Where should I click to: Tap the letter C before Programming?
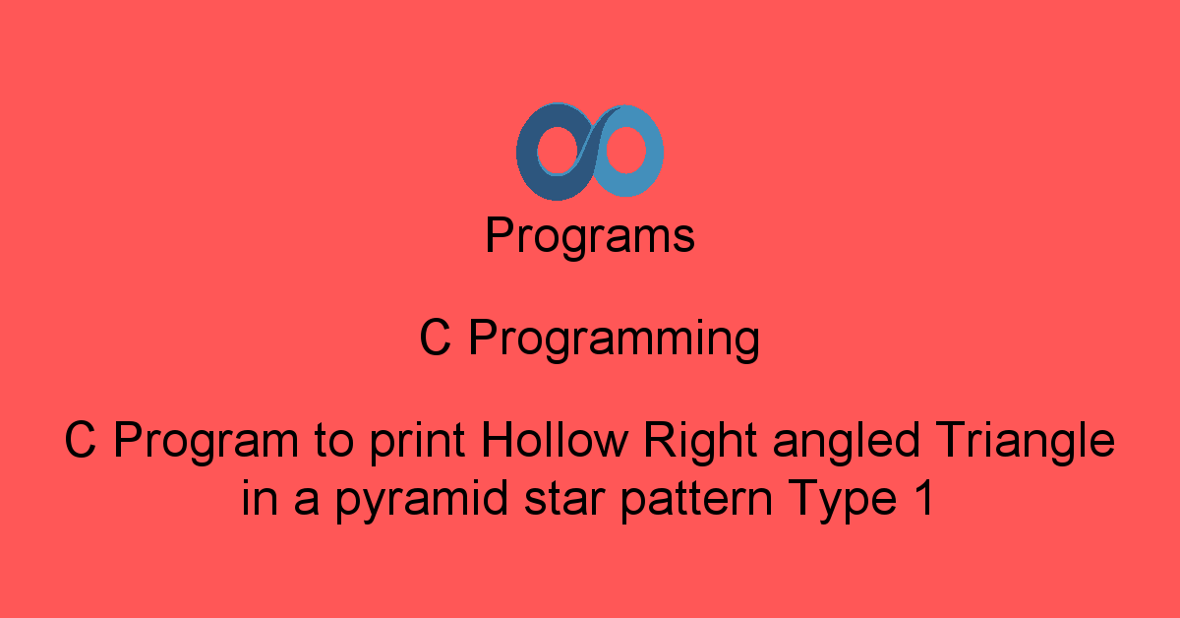coord(435,340)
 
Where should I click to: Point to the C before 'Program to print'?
coord(81,442)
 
